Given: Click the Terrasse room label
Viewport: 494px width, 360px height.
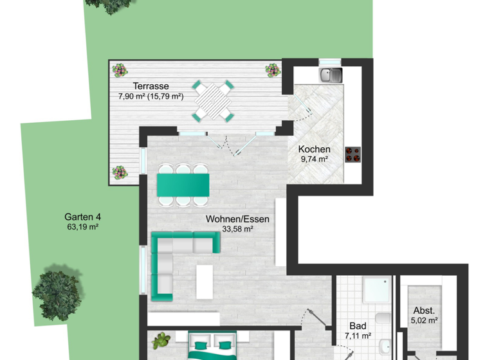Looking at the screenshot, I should point(151,86).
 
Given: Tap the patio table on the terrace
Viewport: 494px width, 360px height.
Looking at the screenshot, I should point(213,100).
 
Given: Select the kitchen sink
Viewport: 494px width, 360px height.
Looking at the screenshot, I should point(330,75).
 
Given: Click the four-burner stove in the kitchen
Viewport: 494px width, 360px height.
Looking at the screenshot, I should point(352,154).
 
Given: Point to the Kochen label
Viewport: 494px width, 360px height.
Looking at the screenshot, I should point(314,149).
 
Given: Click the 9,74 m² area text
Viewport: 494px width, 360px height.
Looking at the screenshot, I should point(314,159).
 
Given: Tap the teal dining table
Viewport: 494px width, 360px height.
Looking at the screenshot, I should point(183,185).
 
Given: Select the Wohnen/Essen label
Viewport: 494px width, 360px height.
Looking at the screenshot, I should point(237,219).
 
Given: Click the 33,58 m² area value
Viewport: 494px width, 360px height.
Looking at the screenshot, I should point(237,229).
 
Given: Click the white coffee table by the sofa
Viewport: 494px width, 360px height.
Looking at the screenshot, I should point(205,282).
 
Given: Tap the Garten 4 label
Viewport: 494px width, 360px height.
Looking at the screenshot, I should point(82,217).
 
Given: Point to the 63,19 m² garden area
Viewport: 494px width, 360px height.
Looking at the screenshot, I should point(82,227).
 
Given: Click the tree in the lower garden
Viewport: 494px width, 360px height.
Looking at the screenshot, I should point(58,292).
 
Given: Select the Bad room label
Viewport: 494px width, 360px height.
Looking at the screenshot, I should point(358,326).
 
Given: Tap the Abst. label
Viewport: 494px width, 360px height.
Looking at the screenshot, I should point(424,309).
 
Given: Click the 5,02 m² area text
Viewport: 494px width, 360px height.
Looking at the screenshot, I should point(424,319).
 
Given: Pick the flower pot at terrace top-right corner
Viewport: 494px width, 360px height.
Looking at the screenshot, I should point(273,69).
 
